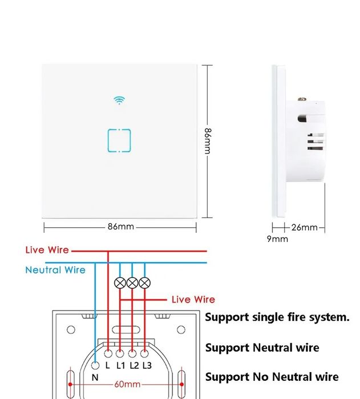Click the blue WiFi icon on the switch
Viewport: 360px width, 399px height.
pyautogui.click(x=119, y=100)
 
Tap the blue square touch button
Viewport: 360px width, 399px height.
pyautogui.click(x=119, y=141)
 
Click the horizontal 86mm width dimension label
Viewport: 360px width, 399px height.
pyautogui.click(x=120, y=227)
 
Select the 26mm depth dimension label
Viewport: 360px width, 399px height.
pyautogui.click(x=304, y=227)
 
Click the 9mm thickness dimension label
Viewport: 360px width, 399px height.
pyautogui.click(x=277, y=239)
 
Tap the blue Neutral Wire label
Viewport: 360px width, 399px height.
pyautogui.click(x=55, y=270)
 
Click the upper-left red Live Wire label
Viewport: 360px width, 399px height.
pyautogui.click(x=47, y=250)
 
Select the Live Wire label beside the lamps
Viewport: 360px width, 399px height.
pyautogui.click(x=193, y=299)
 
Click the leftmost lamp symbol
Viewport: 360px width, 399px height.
pyautogui.click(x=120, y=282)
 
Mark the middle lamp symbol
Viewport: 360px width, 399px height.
pyautogui.click(x=132, y=282)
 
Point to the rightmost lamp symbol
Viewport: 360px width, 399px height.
pyautogui.click(x=145, y=282)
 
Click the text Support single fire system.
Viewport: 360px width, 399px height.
pyautogui.click(x=277, y=317)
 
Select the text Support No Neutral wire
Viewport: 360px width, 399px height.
pyautogui.click(x=272, y=377)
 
